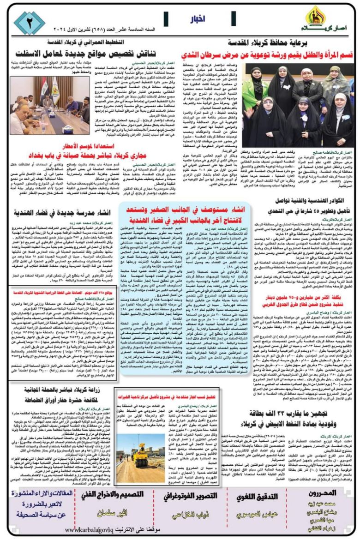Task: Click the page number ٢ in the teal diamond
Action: click(x=29, y=23)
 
